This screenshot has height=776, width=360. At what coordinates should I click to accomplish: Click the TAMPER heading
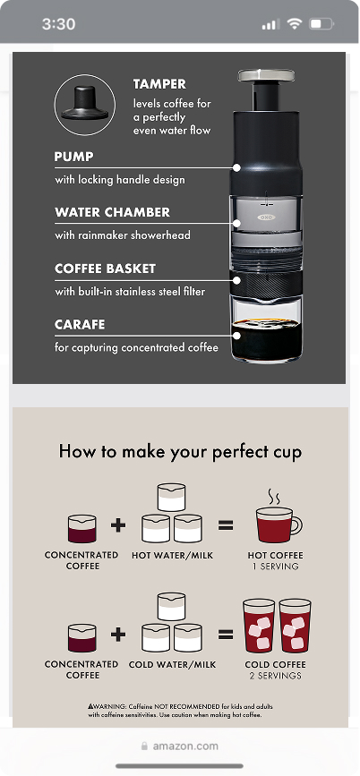[x=159, y=84]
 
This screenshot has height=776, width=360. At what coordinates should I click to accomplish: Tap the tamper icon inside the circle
[x=85, y=104]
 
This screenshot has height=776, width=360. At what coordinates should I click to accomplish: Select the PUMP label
[x=73, y=157]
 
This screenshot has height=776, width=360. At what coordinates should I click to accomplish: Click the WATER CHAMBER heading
[x=113, y=212]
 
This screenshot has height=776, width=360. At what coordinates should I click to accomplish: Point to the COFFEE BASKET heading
[x=105, y=269]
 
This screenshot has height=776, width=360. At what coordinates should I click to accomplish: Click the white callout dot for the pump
[x=236, y=168]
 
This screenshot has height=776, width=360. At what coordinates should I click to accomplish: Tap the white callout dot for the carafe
[x=236, y=336]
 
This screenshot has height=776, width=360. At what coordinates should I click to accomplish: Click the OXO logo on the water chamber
[x=265, y=217]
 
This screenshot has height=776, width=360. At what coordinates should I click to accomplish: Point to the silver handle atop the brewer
[x=266, y=76]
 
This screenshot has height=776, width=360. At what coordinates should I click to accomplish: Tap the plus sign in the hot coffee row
[x=118, y=525]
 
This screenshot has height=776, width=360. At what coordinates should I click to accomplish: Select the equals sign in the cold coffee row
[x=226, y=634]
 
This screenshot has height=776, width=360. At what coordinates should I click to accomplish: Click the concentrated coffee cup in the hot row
[x=82, y=528]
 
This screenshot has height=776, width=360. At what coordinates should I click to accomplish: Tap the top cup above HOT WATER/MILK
[x=171, y=498]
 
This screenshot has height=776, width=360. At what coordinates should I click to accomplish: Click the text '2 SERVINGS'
[x=275, y=676]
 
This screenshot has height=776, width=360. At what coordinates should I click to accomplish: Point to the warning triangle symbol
[x=90, y=706]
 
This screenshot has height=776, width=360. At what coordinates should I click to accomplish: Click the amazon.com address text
[x=185, y=746]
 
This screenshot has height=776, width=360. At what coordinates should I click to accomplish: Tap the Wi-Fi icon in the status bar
[x=295, y=23]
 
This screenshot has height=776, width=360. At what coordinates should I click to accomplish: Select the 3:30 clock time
[x=58, y=24]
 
